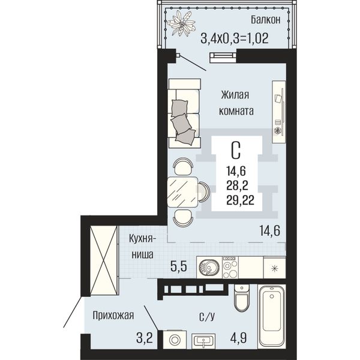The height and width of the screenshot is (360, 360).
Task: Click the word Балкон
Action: [x=265, y=20]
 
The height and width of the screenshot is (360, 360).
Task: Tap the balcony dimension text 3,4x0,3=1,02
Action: [x=235, y=38]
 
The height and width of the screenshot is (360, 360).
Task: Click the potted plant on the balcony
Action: [x=181, y=23]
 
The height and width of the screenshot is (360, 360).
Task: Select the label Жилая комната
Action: [x=236, y=103]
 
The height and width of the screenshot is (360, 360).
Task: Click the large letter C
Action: [x=236, y=151]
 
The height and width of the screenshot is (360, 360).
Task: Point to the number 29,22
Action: [x=240, y=200]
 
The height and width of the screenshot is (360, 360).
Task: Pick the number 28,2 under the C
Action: [x=237, y=185]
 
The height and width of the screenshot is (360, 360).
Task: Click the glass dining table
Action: [x=182, y=192]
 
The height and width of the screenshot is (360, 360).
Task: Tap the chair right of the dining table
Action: [x=204, y=192]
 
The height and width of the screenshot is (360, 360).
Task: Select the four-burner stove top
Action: [x=230, y=267]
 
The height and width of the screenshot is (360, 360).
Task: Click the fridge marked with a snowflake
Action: [x=274, y=268]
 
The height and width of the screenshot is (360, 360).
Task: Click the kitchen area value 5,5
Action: [x=179, y=266]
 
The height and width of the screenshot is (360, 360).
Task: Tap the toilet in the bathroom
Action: [x=242, y=298]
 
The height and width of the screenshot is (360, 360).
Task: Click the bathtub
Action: [x=272, y=317]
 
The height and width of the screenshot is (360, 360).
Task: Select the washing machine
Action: [x=175, y=340]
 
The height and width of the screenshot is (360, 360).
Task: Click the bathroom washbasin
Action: [x=203, y=341]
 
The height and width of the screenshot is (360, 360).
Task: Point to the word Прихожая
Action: [x=113, y=315]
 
